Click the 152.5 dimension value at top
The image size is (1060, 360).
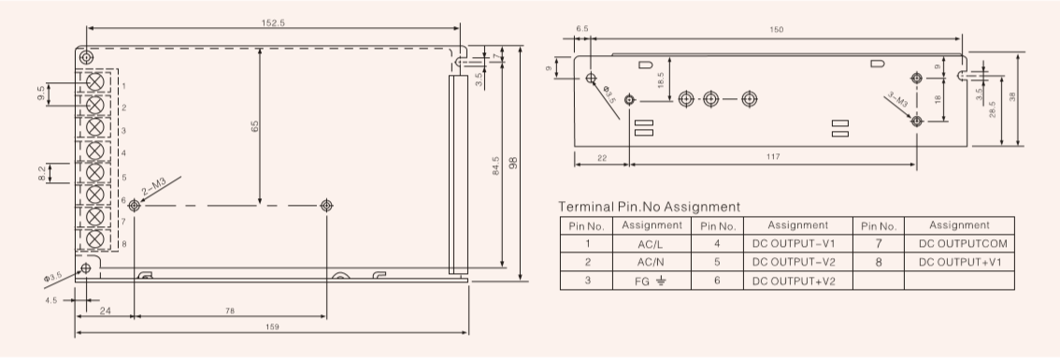[x=273, y=22]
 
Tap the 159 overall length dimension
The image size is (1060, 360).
[x=272, y=327]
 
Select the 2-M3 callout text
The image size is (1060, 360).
[x=153, y=187]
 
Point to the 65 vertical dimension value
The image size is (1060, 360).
[x=255, y=126]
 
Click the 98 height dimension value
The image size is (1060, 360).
[x=513, y=163]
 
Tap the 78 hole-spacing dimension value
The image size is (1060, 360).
[x=230, y=311]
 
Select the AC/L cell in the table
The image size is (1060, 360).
[x=652, y=244]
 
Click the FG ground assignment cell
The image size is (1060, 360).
[x=651, y=281]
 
